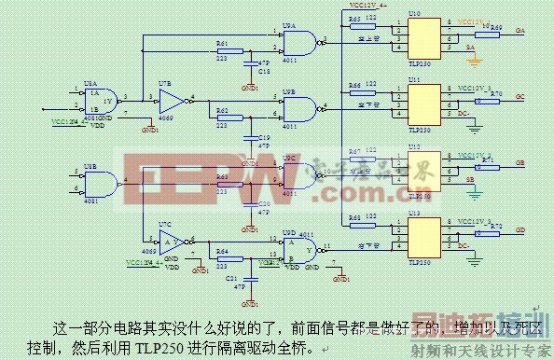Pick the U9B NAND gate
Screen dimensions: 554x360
tap(298, 109)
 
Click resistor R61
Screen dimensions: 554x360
tap(222, 51)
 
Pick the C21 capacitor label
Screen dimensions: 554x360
tap(232, 278)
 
